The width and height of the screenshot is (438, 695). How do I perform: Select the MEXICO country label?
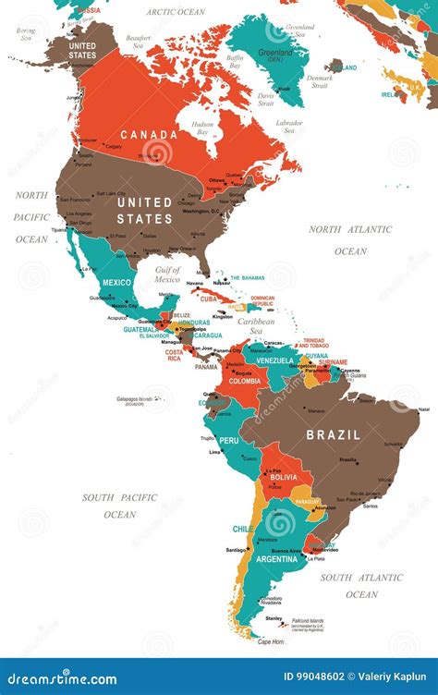117,282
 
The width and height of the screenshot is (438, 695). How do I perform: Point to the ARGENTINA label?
277,558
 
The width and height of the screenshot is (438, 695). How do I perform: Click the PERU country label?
229,440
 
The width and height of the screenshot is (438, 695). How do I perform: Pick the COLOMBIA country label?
244,381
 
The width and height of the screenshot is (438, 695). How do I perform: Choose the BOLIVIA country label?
285,477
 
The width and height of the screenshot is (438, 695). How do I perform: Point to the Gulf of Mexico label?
167,274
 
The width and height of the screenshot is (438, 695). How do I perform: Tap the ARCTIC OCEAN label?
175,12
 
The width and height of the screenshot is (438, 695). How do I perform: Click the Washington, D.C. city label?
214,211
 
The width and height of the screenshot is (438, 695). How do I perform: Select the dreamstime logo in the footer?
59,679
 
